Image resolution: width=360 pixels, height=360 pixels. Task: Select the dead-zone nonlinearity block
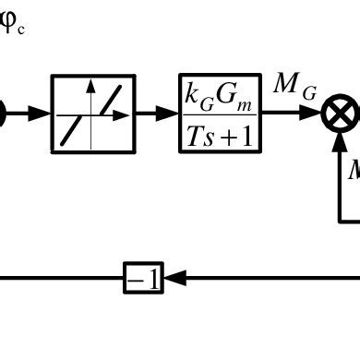pos(90,114)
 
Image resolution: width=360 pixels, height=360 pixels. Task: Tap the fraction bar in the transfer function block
pos(220,115)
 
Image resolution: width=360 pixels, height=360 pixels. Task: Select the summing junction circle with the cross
pos(337,115)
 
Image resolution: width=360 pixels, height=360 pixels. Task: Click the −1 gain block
pos(143,277)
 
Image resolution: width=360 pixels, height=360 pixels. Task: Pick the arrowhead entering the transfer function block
pos(171,114)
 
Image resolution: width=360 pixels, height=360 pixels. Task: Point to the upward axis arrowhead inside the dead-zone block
pos(90,86)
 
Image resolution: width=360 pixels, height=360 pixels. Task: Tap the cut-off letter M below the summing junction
pos(354,171)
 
